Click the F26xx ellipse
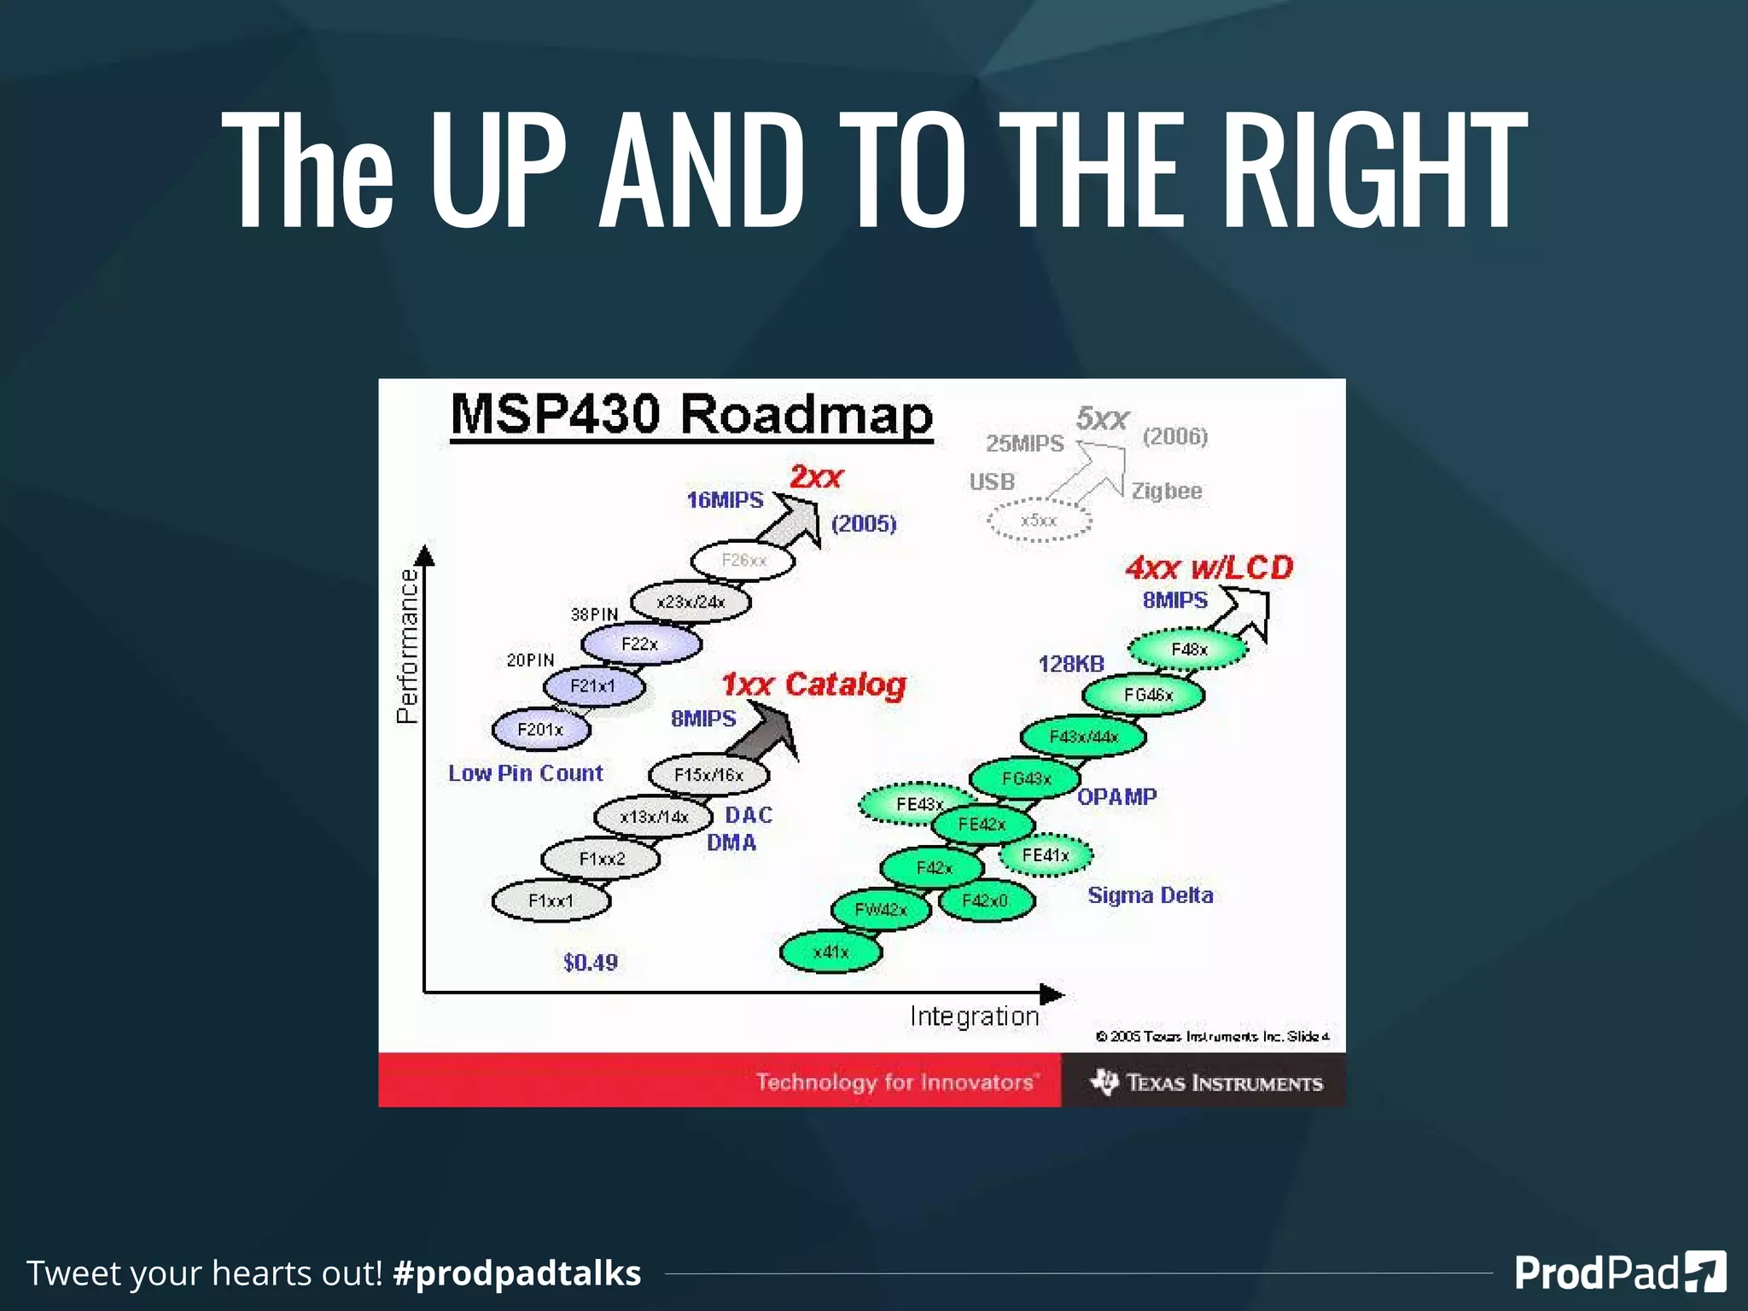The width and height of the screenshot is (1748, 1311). (x=743, y=561)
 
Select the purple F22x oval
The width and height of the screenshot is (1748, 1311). (x=640, y=644)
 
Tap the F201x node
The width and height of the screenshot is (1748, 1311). (x=540, y=730)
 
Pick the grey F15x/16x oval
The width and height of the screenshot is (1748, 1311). (x=708, y=775)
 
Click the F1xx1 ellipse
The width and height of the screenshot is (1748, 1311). (x=551, y=901)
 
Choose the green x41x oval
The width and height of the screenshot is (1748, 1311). (x=831, y=952)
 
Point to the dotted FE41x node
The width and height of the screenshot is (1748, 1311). (x=1046, y=855)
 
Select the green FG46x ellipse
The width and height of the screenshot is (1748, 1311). (x=1144, y=695)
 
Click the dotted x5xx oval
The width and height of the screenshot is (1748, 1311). (x=1039, y=521)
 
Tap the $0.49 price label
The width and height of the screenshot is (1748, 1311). (x=591, y=963)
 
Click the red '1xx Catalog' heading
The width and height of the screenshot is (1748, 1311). (x=813, y=685)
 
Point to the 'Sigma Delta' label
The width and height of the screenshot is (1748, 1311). (x=1150, y=895)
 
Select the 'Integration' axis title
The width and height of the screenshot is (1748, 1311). (x=974, y=1017)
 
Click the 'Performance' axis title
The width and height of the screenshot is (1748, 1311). (x=408, y=646)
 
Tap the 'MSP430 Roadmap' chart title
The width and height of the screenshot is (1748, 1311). (x=691, y=416)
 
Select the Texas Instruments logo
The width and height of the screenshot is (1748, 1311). (x=1205, y=1082)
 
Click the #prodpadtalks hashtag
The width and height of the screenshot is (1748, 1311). (x=516, y=1273)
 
